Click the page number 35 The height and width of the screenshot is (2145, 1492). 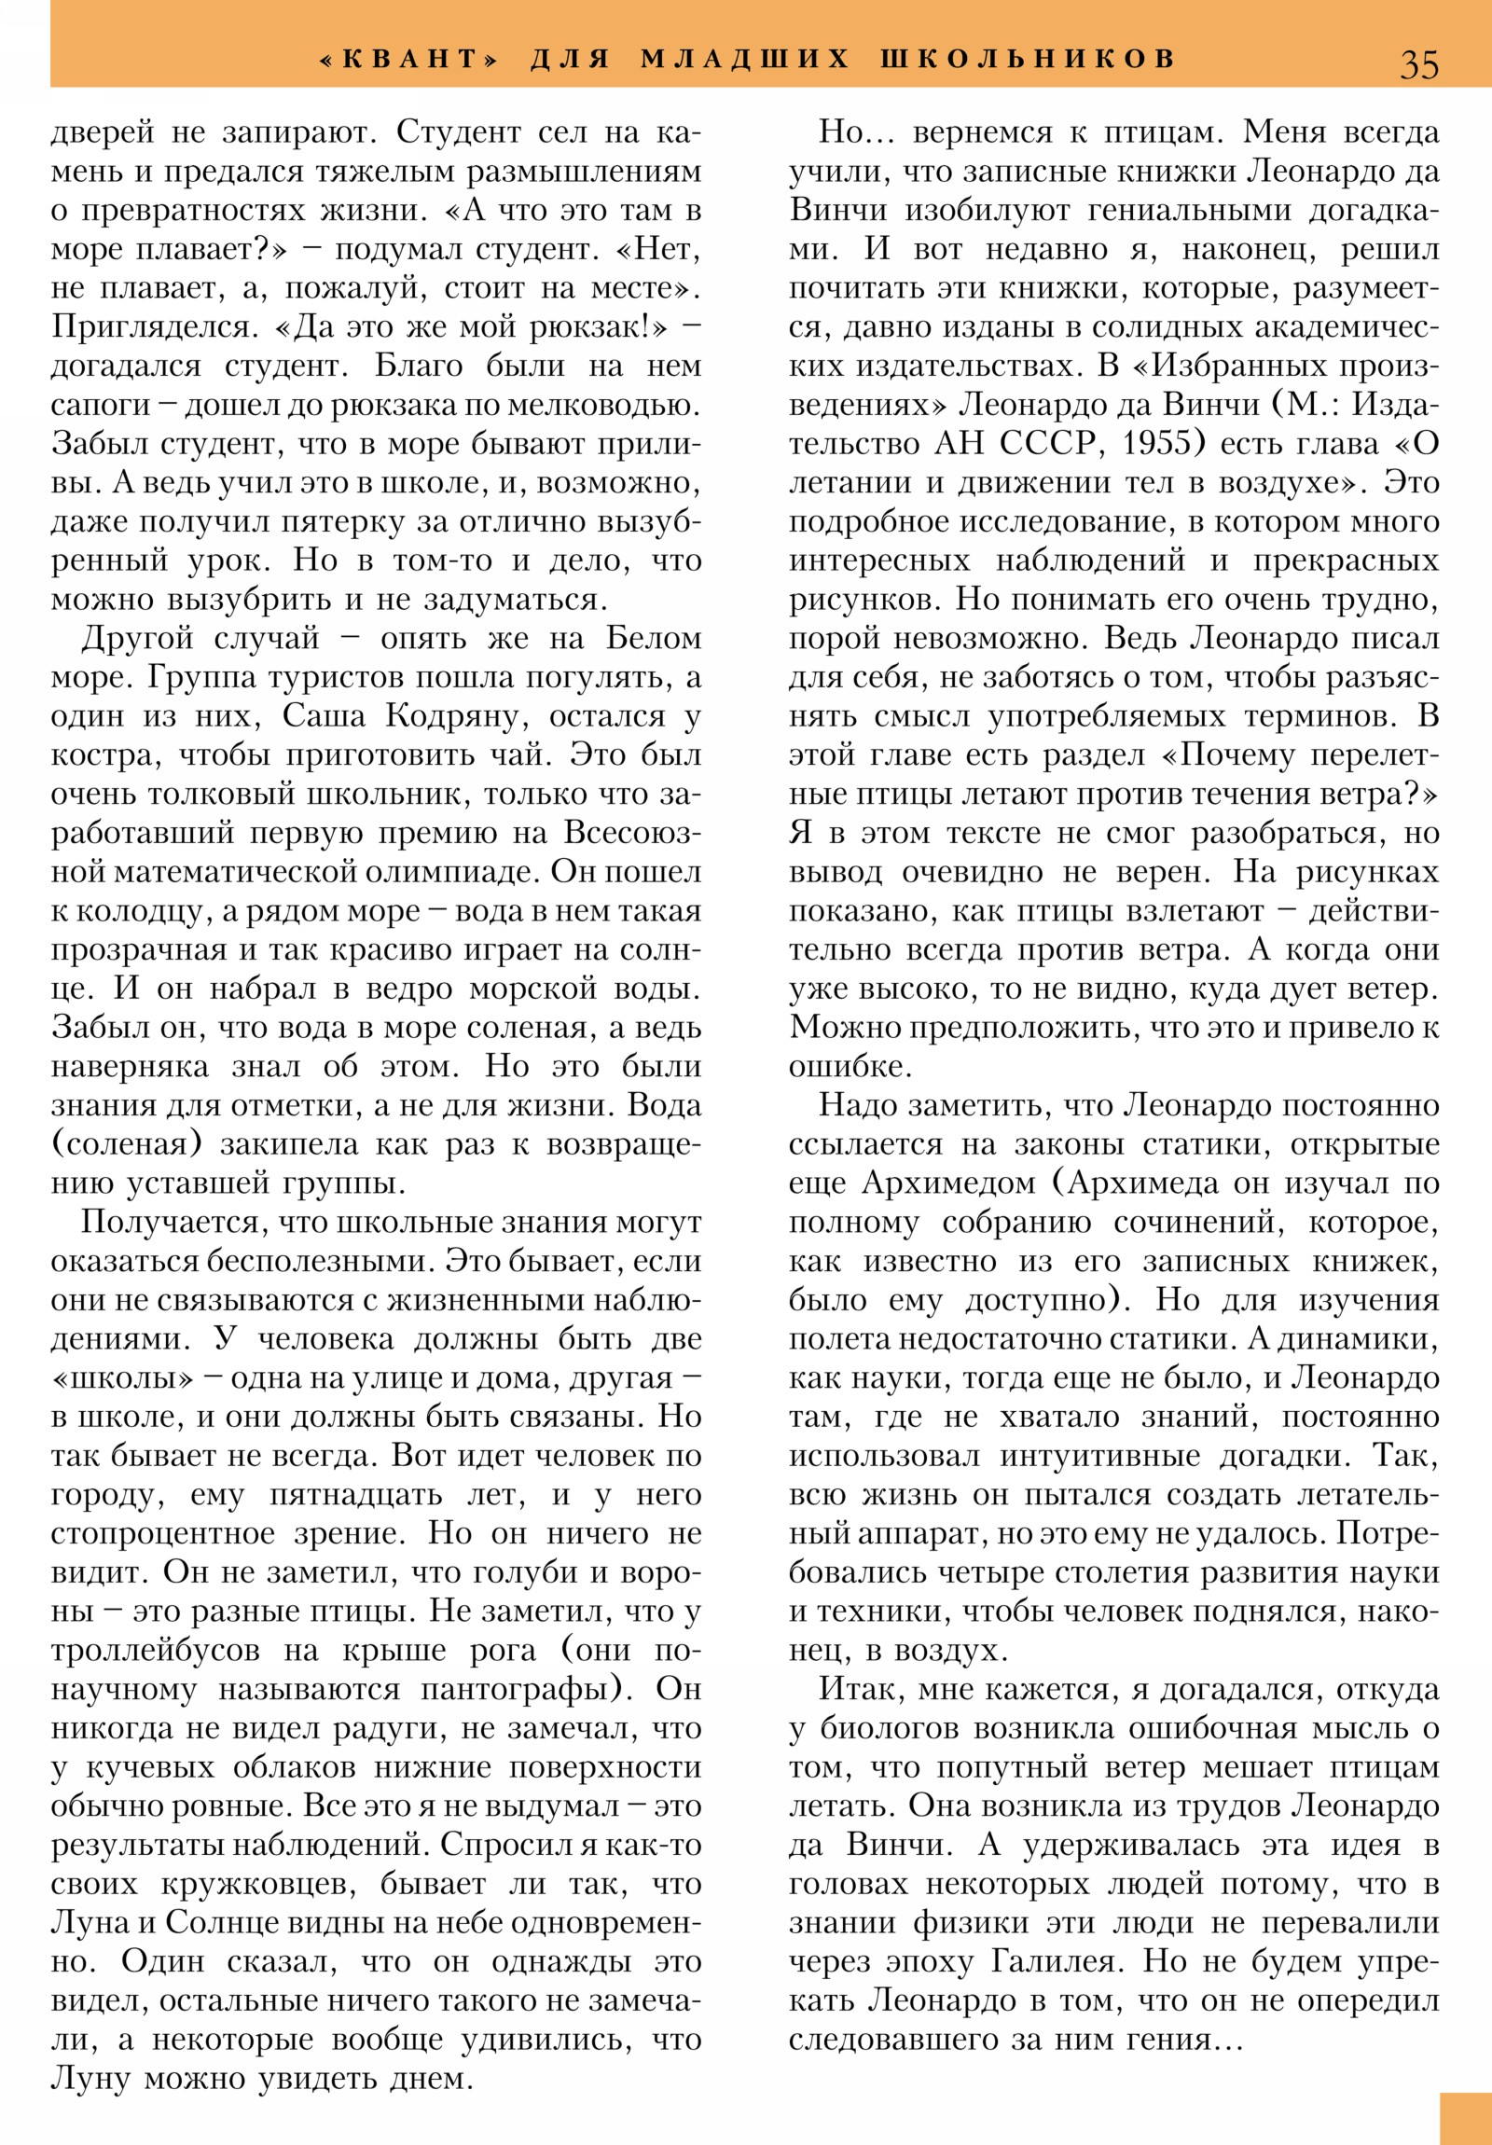tap(1418, 64)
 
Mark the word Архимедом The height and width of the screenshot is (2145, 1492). tap(948, 1183)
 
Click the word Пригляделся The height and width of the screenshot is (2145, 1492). tap(151, 327)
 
